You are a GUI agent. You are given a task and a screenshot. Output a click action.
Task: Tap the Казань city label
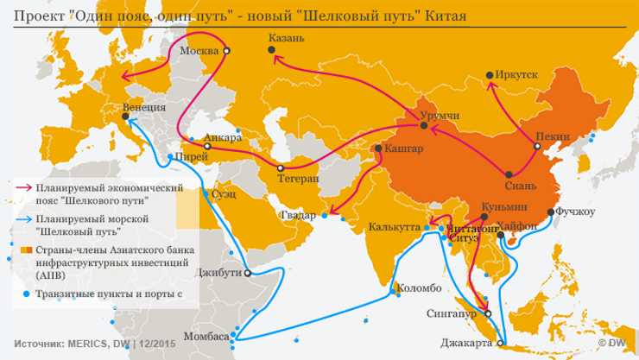pyautogui.click(x=287, y=39)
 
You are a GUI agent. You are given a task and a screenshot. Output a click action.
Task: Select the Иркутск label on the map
pyautogui.click(x=516, y=75)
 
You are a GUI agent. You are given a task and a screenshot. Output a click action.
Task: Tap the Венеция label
pyautogui.click(x=144, y=109)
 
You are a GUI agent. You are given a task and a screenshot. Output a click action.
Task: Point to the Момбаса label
pyautogui.click(x=207, y=336)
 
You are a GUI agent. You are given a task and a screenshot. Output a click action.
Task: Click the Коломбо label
pyautogui.click(x=418, y=287)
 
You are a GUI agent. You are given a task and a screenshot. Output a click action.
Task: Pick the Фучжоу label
pyautogui.click(x=576, y=210)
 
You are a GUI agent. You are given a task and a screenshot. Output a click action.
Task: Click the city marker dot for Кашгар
pyautogui.click(x=376, y=149)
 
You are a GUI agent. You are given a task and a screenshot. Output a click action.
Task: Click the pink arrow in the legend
pyautogui.click(x=24, y=186)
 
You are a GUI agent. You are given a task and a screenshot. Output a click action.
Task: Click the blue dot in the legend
pyautogui.click(x=25, y=294)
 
